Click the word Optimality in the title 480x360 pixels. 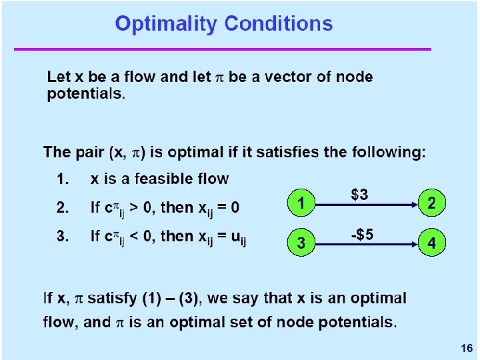pyautogui.click(x=167, y=25)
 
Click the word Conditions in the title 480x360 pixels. pyautogui.click(x=278, y=24)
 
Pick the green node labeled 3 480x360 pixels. pyautogui.click(x=301, y=244)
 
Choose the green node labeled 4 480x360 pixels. pyautogui.click(x=431, y=244)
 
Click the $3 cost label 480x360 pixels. pyautogui.click(x=359, y=195)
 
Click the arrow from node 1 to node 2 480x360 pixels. pyautogui.click(x=365, y=204)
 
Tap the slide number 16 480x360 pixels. pyautogui.click(x=466, y=348)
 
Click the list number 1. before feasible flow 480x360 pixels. pyautogui.click(x=62, y=179)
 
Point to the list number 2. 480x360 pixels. pyautogui.click(x=62, y=208)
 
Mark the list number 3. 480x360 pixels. pyautogui.click(x=62, y=236)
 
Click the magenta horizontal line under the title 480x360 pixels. pyautogui.click(x=223, y=49)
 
